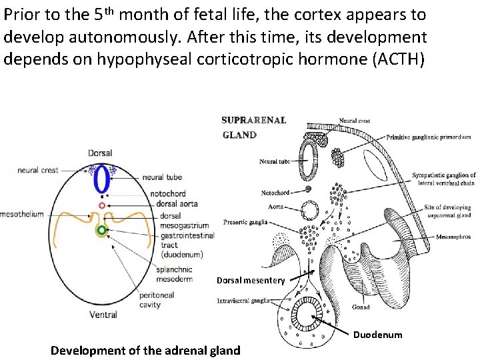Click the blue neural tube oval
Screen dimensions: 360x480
[x=101, y=180]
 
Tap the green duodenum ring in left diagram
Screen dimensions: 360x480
[x=101, y=231]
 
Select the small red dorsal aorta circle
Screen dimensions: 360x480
[x=101, y=206]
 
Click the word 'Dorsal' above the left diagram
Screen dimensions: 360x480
[x=100, y=153]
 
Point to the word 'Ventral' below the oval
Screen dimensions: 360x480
[x=103, y=315]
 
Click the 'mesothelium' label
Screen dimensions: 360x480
[x=21, y=214]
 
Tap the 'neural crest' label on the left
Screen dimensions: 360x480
[x=38, y=170]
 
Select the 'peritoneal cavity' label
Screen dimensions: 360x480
[x=157, y=300]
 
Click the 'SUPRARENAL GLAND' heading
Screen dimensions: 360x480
[x=253, y=127]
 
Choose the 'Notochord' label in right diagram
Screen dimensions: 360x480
[x=275, y=193]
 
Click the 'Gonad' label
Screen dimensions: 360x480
[x=361, y=307]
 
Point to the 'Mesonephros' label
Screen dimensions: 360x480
[x=453, y=236]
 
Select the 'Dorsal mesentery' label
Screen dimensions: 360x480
[x=251, y=280]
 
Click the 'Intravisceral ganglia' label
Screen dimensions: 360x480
[x=243, y=301]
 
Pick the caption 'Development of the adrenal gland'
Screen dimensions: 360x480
[x=145, y=351]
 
